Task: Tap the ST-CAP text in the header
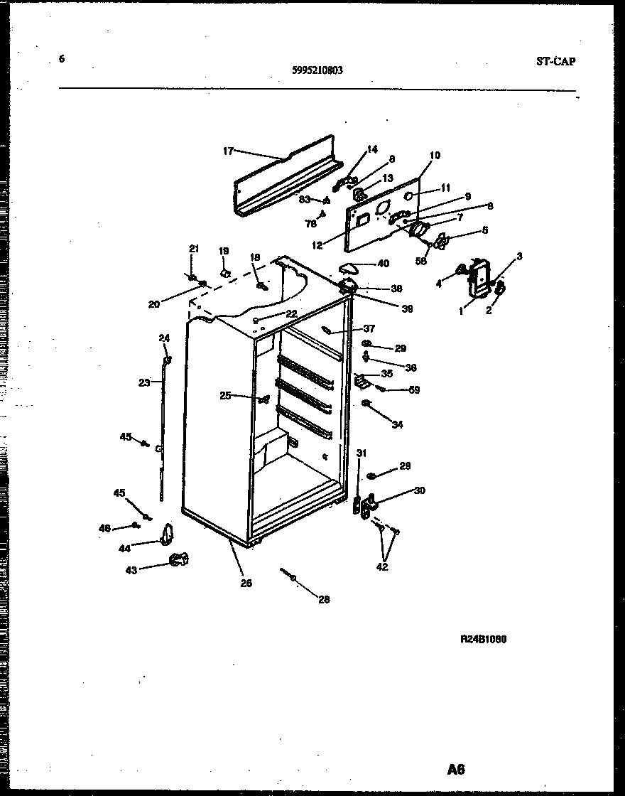pos(555,61)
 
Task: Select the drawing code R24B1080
pos(484,638)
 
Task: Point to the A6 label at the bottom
pos(456,768)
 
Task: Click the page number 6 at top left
pos(62,59)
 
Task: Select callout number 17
pos(228,151)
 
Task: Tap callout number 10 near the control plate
pos(435,155)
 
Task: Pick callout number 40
pos(384,264)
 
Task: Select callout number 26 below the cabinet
pos(246,583)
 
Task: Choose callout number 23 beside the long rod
pos(144,382)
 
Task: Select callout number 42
pos(382,567)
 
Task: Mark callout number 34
pos(397,425)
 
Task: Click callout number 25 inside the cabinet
pos(225,396)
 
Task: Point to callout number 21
pos(194,248)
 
